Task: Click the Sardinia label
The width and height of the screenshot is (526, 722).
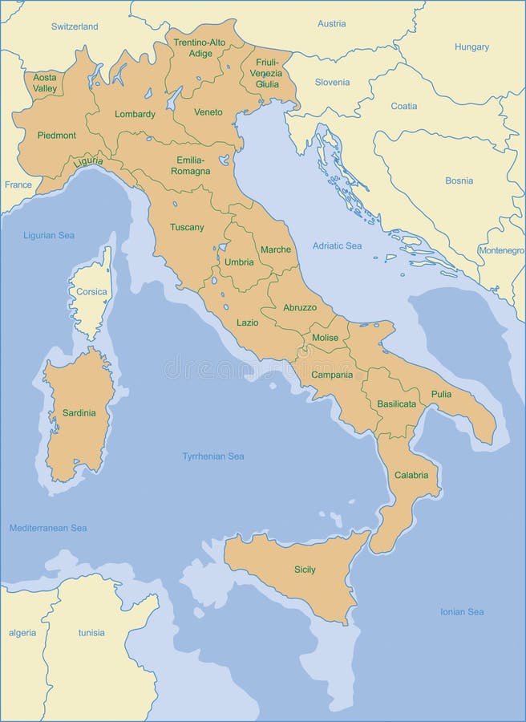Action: [79, 413]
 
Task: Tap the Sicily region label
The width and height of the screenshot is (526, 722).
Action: [305, 570]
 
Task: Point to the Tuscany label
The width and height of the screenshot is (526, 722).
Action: [187, 227]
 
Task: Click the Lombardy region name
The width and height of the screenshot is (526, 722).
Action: [135, 114]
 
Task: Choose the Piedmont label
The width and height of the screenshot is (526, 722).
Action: [56, 136]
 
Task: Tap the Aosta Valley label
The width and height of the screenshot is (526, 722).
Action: [45, 83]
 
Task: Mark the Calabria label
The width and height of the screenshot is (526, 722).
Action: [411, 475]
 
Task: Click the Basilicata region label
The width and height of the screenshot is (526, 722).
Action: [396, 404]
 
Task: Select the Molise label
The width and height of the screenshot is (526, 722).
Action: [326, 338]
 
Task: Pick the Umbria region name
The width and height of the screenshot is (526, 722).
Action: [239, 262]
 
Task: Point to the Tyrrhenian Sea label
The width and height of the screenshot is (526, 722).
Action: [212, 456]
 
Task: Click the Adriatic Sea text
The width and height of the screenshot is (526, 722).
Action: [337, 245]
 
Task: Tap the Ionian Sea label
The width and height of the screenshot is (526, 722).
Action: [462, 612]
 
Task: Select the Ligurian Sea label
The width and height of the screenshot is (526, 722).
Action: [49, 235]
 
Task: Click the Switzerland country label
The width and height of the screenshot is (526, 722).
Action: [75, 26]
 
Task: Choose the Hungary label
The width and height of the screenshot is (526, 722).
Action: [471, 47]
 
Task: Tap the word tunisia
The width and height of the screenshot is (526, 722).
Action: [91, 633]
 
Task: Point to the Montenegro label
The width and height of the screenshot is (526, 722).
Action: [501, 250]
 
